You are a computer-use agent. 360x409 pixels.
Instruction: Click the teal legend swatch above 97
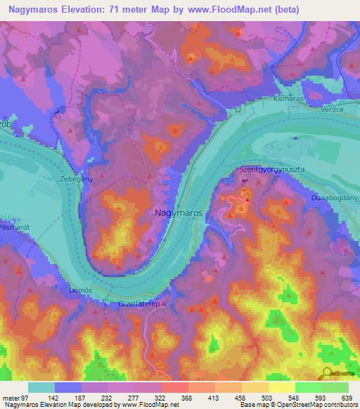pyautogui.click(x=41, y=387)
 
